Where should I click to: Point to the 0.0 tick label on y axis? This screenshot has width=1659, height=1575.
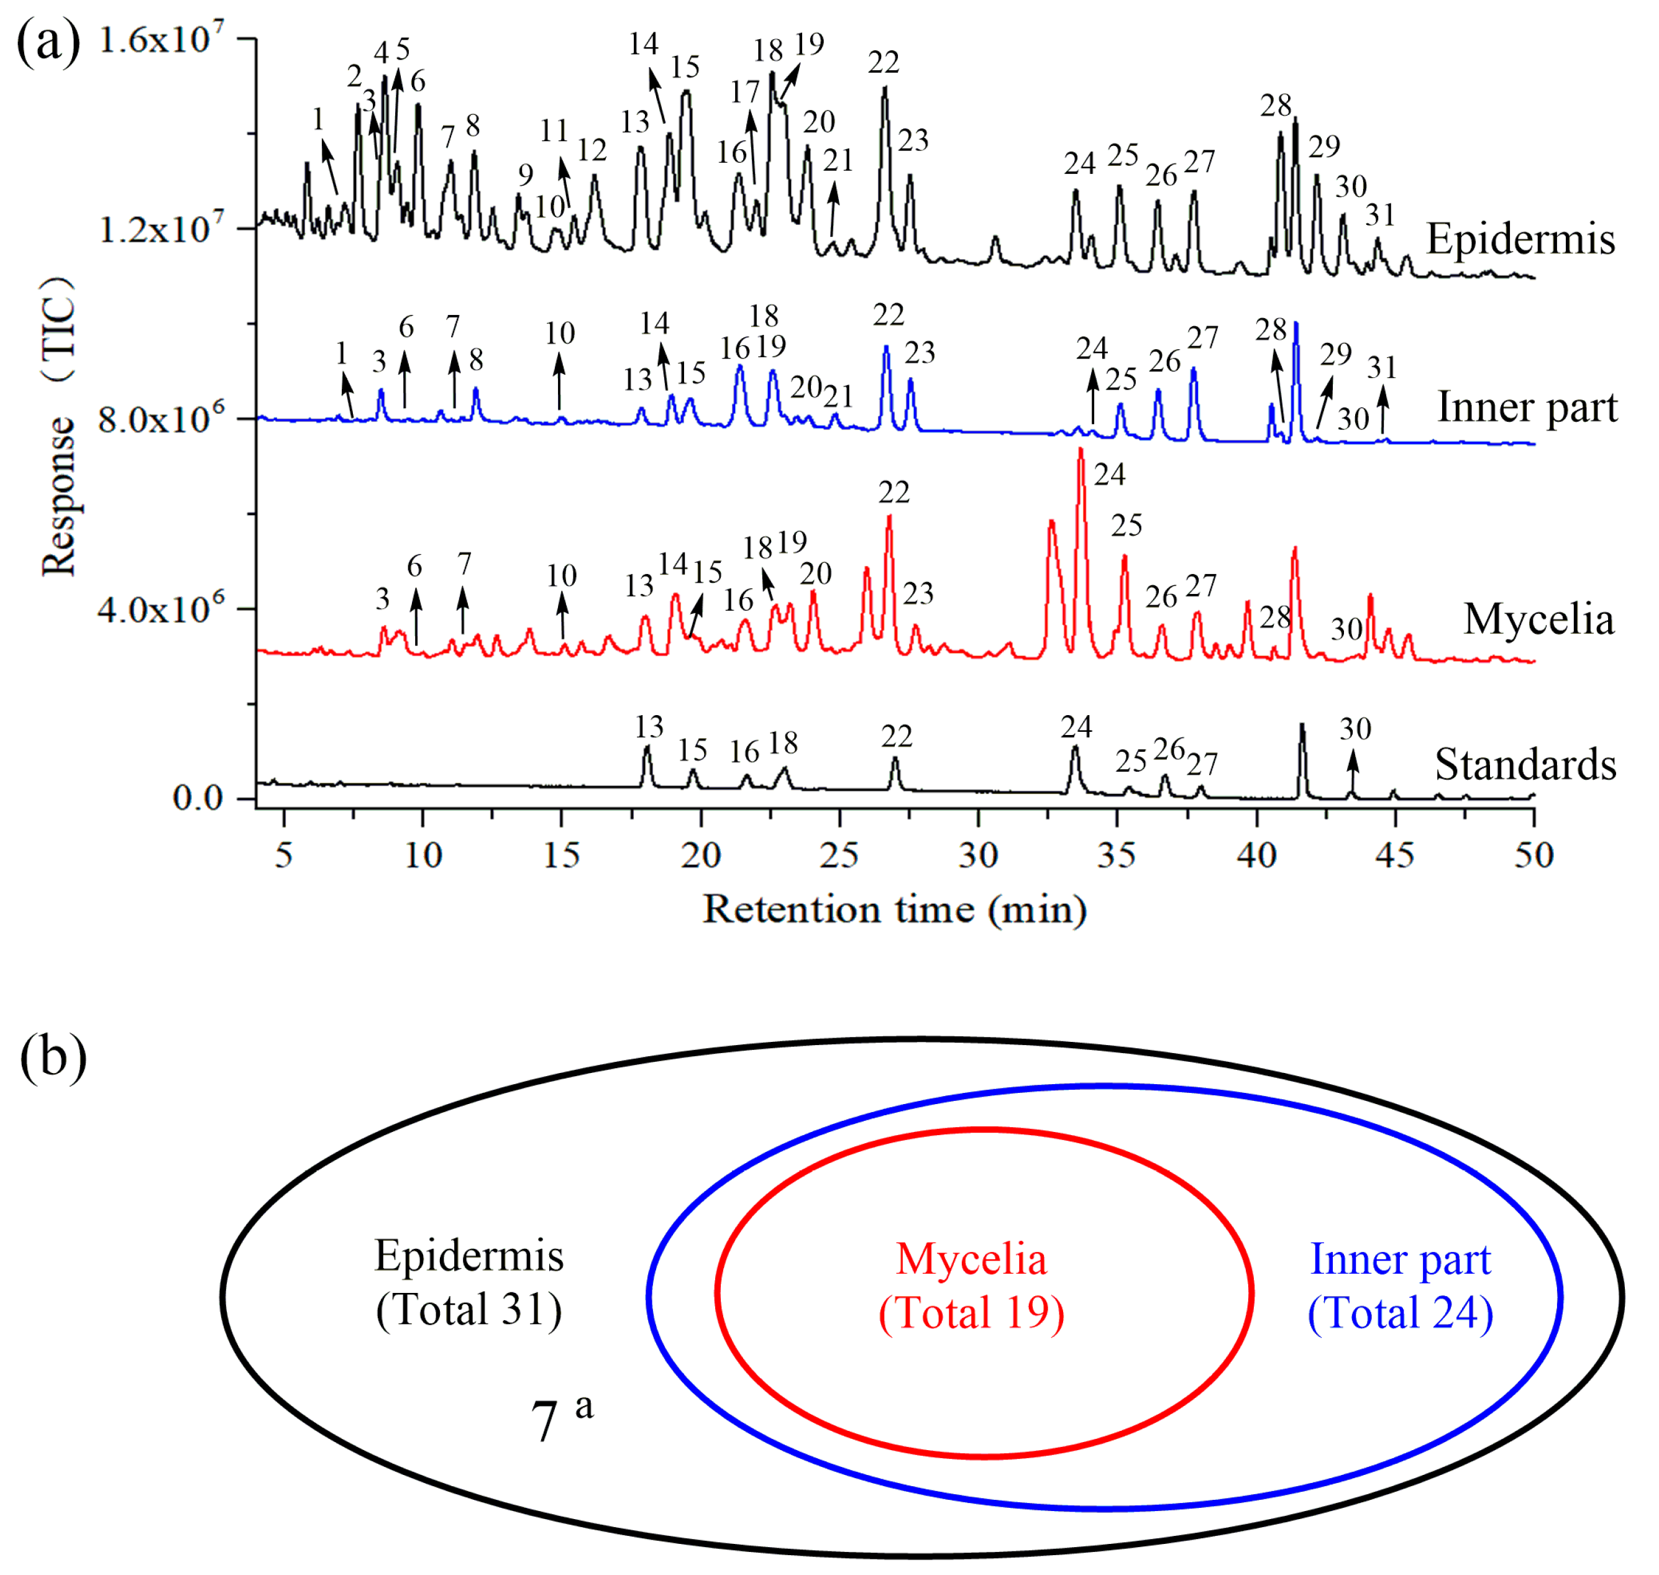(198, 798)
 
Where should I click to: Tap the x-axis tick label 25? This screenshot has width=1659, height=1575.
(839, 855)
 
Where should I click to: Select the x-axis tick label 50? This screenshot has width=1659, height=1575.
(1533, 855)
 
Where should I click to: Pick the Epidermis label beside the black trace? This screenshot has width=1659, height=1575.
(1520, 239)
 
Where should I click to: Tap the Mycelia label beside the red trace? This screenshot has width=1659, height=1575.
(1538, 619)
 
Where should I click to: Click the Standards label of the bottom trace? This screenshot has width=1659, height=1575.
(1525, 765)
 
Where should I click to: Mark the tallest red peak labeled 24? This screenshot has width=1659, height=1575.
(1081, 454)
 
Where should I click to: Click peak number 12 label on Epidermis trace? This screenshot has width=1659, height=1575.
(592, 151)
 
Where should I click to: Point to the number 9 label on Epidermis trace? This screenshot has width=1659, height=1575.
(526, 175)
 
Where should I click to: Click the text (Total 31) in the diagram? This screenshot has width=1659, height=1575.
(468, 1310)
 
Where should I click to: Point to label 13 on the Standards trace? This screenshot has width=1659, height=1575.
(649, 726)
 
